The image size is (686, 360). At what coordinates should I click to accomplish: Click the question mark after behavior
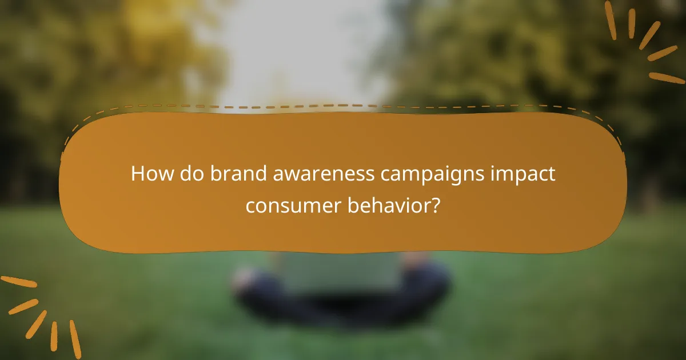pyautogui.click(x=436, y=205)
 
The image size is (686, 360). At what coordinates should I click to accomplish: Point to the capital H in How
pyautogui.click(x=137, y=174)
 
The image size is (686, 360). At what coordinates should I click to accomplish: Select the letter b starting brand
pyautogui.click(x=215, y=174)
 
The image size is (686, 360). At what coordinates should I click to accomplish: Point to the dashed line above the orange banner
pyautogui.click(x=343, y=106)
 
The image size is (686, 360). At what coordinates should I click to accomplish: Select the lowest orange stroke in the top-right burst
pyautogui.click(x=667, y=78)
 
